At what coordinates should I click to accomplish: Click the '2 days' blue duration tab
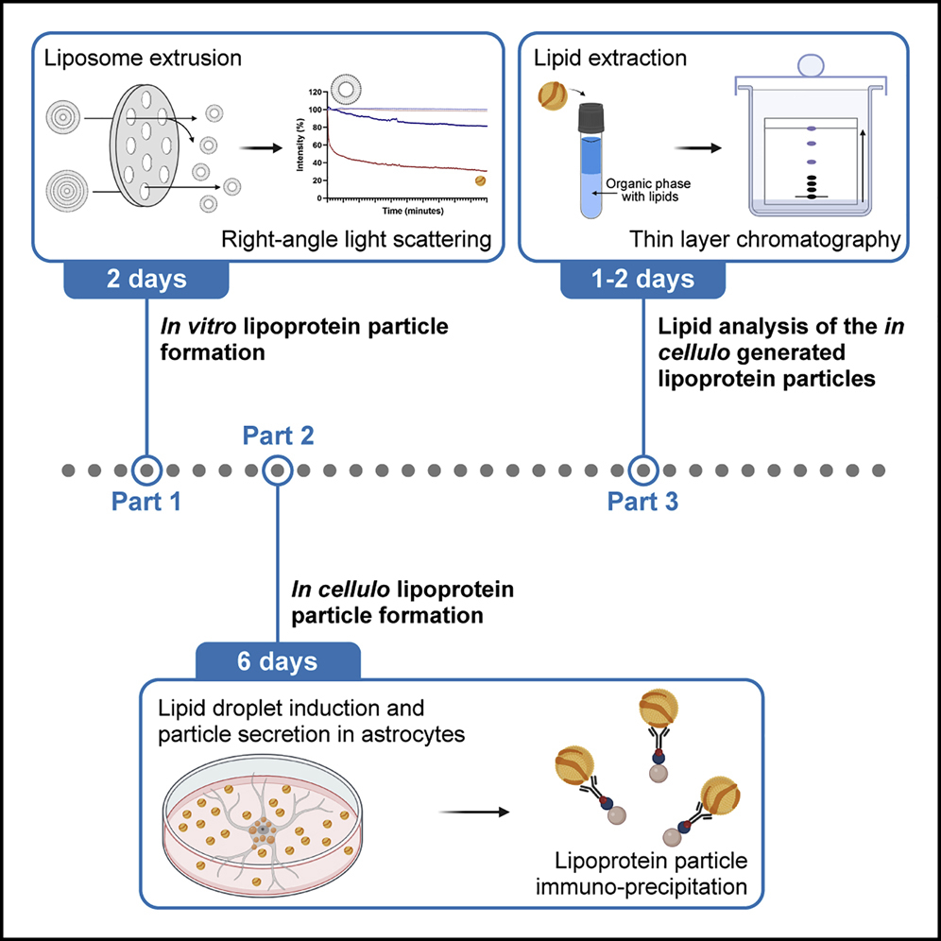click(145, 280)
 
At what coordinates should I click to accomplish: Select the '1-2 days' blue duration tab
click(642, 280)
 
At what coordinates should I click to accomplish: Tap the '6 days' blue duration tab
click(278, 660)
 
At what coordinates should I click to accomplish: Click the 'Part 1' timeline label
click(145, 502)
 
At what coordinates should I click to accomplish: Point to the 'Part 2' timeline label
click(278, 436)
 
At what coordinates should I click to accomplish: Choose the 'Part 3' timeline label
click(642, 502)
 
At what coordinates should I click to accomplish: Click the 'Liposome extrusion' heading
click(143, 59)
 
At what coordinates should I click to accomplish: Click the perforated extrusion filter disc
click(152, 142)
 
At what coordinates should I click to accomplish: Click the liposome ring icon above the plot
click(346, 92)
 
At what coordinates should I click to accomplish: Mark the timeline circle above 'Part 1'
click(145, 469)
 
